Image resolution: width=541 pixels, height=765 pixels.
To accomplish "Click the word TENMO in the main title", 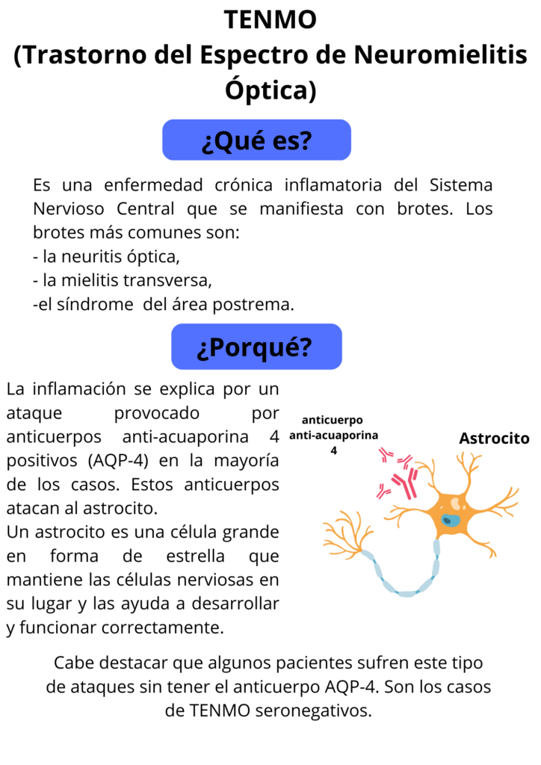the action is pos(270,19).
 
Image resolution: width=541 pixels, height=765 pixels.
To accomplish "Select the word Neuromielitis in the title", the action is pos(441,54).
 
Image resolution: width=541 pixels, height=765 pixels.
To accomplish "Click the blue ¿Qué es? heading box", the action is pos(256,140).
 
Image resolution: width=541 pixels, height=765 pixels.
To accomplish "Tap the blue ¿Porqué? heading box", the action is pos(256,347).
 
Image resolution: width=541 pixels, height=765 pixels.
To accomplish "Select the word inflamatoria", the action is pos(333,185).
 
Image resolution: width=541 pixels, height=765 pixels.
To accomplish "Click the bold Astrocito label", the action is pos(494,438).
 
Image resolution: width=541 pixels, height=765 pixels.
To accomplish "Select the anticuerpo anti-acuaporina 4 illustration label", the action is pos(333,435).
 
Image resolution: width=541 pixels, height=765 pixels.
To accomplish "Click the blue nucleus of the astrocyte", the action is pos(451,520).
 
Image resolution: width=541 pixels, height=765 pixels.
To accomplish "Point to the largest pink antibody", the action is pos(406,483).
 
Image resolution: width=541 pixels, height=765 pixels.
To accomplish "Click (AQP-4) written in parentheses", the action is pos(118,460).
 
